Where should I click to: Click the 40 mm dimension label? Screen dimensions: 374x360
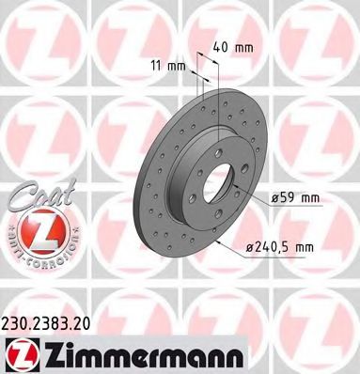tap(231, 46)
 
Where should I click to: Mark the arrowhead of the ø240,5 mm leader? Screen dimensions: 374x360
tap(217, 243)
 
